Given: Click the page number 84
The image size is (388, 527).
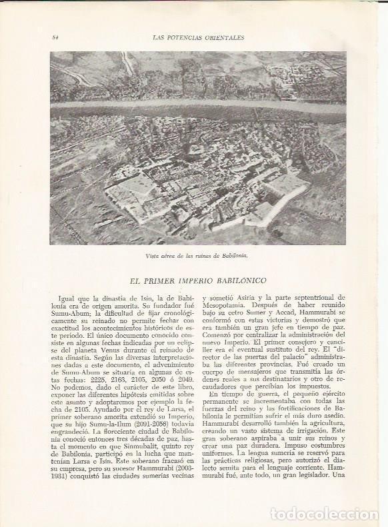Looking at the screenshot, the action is point(55,37).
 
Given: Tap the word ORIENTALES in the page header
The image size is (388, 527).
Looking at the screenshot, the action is point(223,37).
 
